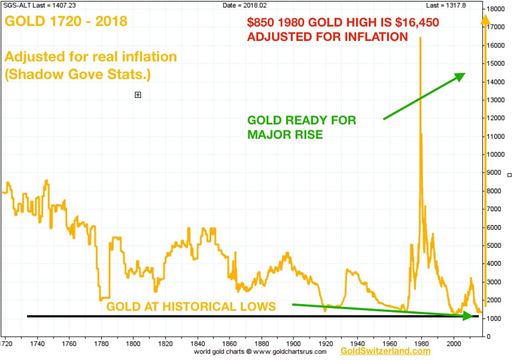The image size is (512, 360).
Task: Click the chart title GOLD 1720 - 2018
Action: tap(66, 22)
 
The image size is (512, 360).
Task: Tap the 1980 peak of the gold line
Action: tap(420, 38)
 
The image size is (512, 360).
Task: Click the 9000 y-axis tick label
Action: tap(494, 173)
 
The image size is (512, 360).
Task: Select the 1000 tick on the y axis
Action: tap(494, 319)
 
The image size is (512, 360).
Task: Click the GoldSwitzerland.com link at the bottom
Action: tap(385, 351)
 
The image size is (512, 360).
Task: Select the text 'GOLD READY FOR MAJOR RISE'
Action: tap(301, 127)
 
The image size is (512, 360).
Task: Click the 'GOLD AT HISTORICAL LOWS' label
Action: tap(191, 306)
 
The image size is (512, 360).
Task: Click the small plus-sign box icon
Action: tap(138, 95)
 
